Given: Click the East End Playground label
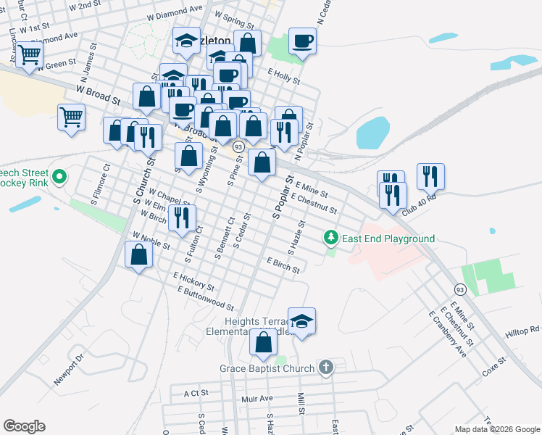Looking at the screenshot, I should [388, 239].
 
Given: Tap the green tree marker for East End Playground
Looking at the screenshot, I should [331, 238].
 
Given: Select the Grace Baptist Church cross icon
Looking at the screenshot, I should [326, 368].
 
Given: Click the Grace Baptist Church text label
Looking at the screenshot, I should [267, 368].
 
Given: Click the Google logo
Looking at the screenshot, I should [25, 426].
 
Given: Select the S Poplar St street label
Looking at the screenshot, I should [281, 197].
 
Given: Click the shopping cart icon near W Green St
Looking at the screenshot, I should [29, 54].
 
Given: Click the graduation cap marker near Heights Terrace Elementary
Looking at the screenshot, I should [301, 320].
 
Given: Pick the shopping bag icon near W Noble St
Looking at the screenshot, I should [138, 254].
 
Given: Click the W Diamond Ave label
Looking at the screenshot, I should [175, 11].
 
